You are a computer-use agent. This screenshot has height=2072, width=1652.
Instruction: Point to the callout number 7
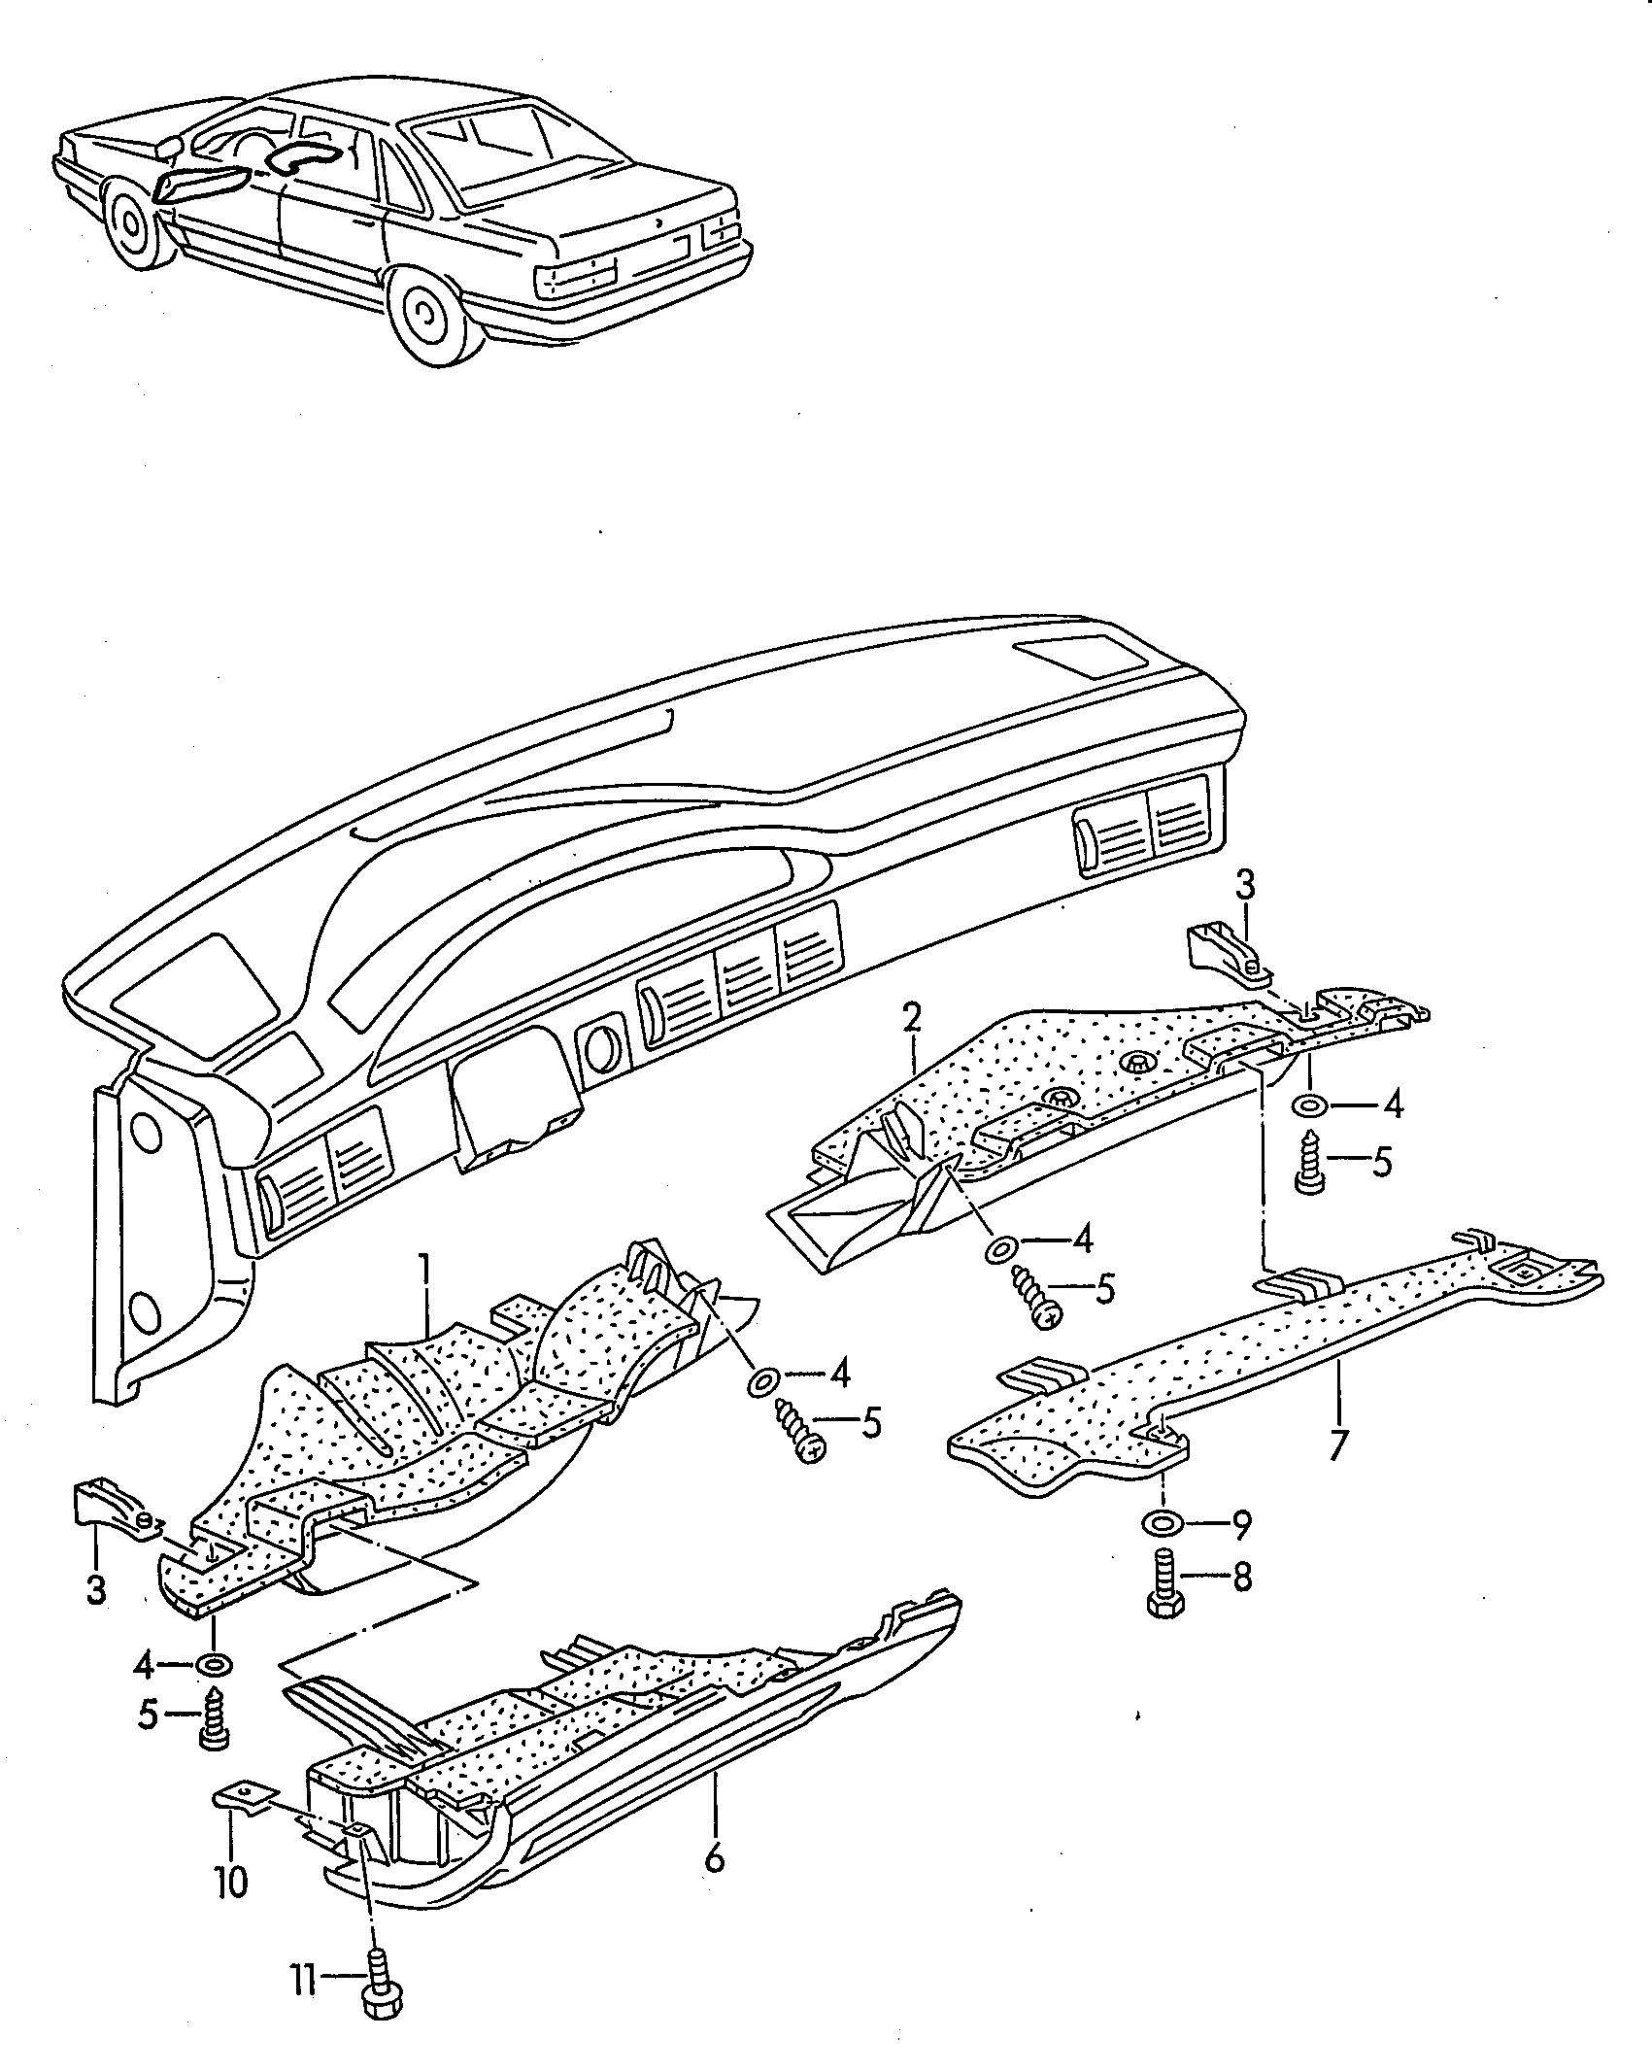pyautogui.click(x=1338, y=1472)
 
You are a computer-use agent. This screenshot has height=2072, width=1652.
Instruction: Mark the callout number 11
pyautogui.click(x=304, y=1999)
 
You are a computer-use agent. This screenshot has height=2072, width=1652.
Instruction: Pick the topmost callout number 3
pyautogui.click(x=1244, y=885)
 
